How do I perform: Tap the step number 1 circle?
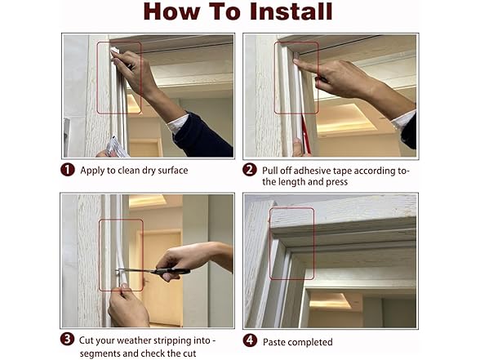click(x=69, y=171)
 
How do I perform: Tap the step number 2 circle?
click(x=250, y=171)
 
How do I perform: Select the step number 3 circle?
click(x=69, y=340)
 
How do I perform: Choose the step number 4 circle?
click(x=250, y=340)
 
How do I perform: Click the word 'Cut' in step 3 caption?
click(x=88, y=340)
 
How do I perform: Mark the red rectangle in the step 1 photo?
click(x=118, y=78)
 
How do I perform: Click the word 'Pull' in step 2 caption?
click(x=271, y=171)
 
